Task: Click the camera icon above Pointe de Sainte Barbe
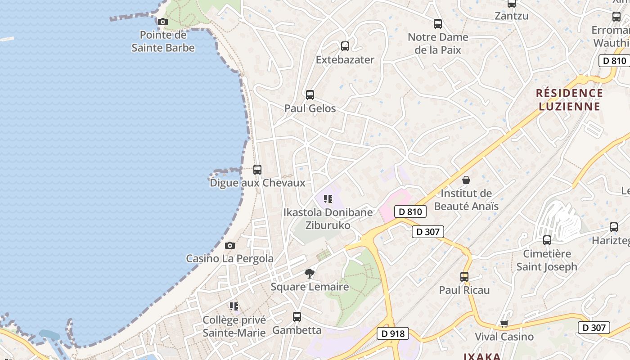click(x=163, y=22)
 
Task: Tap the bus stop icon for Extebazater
click(x=345, y=46)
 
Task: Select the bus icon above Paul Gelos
click(x=310, y=95)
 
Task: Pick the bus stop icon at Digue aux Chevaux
click(x=257, y=170)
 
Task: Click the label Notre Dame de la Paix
click(x=438, y=43)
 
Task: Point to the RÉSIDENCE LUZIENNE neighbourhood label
click(x=569, y=100)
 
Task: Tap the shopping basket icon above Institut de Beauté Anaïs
click(x=466, y=180)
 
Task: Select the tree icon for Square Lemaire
click(x=310, y=273)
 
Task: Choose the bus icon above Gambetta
click(x=297, y=317)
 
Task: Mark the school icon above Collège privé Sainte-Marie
click(x=234, y=306)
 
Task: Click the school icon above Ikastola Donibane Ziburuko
click(x=328, y=198)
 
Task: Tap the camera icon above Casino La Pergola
click(x=230, y=245)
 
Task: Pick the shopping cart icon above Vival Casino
click(x=504, y=324)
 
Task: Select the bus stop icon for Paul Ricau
click(x=464, y=276)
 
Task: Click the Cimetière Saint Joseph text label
click(x=547, y=260)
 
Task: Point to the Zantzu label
click(x=512, y=16)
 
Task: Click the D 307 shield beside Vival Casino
click(x=594, y=328)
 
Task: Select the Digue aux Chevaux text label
click(x=257, y=183)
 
